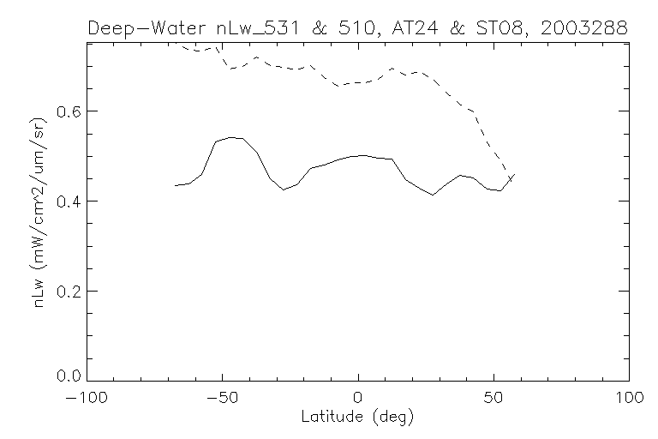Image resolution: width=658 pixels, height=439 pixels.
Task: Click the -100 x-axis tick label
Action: pyautogui.click(x=88, y=398)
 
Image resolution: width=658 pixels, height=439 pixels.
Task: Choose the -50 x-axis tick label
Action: pyautogui.click(x=223, y=398)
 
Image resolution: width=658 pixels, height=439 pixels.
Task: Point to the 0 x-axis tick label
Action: pyautogui.click(x=359, y=398)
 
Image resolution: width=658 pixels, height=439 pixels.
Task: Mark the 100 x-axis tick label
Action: pyautogui.click(x=628, y=398)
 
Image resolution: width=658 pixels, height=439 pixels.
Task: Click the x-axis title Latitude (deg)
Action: pyautogui.click(x=358, y=418)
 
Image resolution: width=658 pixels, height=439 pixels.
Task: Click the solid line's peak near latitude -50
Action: pyautogui.click(x=230, y=137)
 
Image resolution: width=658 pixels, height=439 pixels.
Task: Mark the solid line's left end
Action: pyautogui.click(x=176, y=185)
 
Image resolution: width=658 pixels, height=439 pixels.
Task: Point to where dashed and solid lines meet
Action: pyautogui.click(x=511, y=177)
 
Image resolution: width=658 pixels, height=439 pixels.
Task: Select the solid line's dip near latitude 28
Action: pyautogui.click(x=434, y=195)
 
